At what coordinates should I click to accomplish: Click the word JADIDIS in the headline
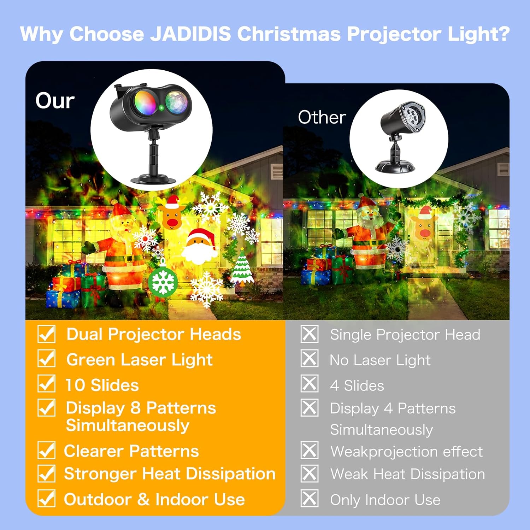coord(190,34)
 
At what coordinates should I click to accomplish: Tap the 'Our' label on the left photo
coord(55,101)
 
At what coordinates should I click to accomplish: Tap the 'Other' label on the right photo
coord(322,117)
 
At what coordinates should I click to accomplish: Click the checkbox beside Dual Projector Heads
coord(46,334)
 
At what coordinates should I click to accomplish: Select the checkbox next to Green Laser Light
coord(46,359)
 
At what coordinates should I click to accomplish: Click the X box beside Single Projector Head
coord(310,334)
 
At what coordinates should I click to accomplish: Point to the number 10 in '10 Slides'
coord(75,385)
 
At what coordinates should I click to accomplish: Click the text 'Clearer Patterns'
coord(131,451)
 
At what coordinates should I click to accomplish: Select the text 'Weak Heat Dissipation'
coord(408,474)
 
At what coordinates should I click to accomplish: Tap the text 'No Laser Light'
coord(380,360)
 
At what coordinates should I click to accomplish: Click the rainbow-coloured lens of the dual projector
coord(144,102)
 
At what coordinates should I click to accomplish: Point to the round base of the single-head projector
coord(395,166)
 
